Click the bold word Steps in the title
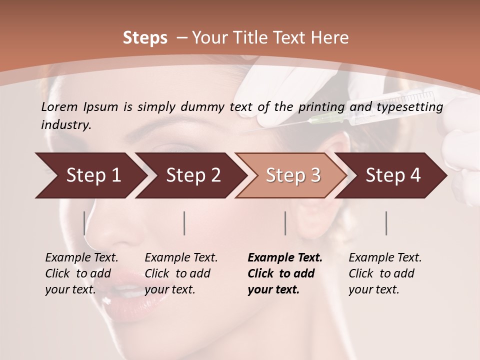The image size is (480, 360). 145,38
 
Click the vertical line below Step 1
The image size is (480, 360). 84,223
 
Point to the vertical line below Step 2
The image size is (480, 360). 184,223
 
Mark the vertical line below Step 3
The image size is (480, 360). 285,223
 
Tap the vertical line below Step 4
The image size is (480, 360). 386,223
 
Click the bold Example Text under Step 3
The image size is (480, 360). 285,258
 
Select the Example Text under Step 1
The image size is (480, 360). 81,258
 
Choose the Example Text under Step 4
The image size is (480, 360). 385,258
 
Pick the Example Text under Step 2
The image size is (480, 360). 181,258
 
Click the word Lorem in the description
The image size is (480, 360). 59,106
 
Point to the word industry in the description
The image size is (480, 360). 66,125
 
